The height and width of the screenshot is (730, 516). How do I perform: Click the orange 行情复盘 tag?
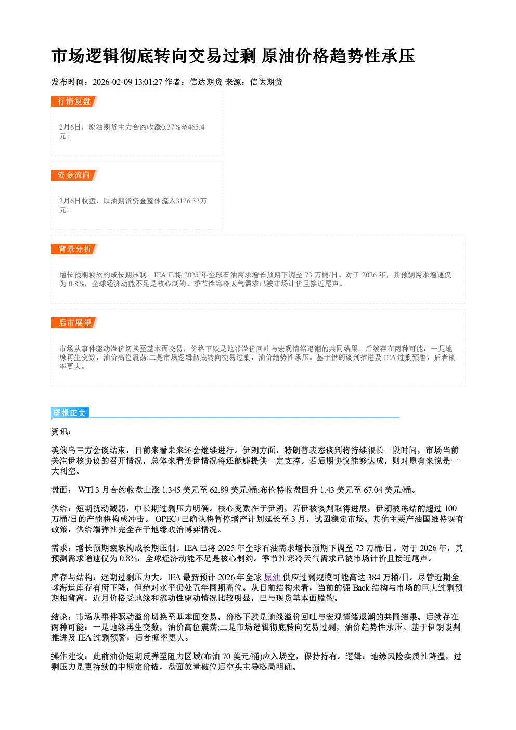click(74, 101)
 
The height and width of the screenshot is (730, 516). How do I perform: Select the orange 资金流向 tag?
click(74, 175)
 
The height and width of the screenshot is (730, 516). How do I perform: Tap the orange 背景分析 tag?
click(74, 249)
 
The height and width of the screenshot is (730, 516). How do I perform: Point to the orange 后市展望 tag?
click(74, 323)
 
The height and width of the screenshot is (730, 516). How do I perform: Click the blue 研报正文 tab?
click(70, 413)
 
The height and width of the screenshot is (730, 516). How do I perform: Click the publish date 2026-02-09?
click(112, 82)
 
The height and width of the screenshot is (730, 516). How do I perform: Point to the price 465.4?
click(196, 127)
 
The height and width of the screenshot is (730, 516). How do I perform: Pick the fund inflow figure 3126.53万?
click(191, 201)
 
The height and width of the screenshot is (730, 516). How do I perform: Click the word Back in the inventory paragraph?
click(361, 588)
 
